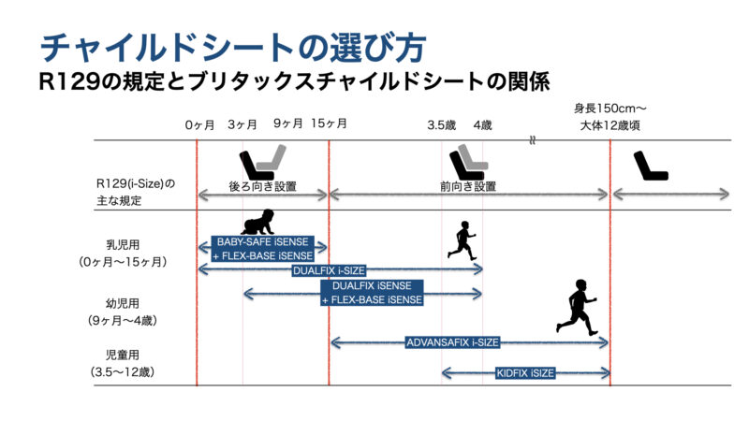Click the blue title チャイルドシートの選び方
click(x=232, y=48)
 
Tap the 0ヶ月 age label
click(x=199, y=125)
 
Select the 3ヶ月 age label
click(x=242, y=124)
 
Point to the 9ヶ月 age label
click(x=288, y=123)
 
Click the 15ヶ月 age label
click(x=329, y=123)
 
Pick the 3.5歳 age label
click(x=441, y=125)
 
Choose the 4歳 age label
click(x=482, y=125)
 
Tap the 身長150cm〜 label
click(x=610, y=109)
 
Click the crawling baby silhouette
click(x=258, y=222)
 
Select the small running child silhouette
click(x=462, y=240)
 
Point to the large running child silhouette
click(x=577, y=308)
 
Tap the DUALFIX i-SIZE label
click(x=329, y=270)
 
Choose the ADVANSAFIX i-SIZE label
click(x=452, y=342)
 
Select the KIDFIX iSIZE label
click(x=525, y=372)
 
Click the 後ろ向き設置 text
click(x=263, y=186)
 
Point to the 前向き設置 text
click(x=468, y=186)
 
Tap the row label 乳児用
click(x=123, y=245)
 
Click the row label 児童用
click(x=123, y=355)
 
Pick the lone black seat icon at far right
click(x=651, y=166)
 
